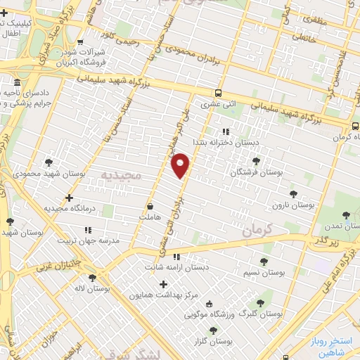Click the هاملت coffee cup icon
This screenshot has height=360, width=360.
pyautogui.click(x=150, y=207)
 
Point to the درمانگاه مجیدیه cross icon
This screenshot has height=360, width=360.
pyautogui.click(x=68, y=198)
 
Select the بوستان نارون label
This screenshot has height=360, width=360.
pyautogui.click(x=295, y=205)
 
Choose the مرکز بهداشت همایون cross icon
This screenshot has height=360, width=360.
pyautogui.click(x=164, y=285)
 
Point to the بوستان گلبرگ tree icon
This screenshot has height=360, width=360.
pyautogui.click(x=260, y=303)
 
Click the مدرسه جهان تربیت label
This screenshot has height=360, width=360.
pyautogui.click(x=73, y=239)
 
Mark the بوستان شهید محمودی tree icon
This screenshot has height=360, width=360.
pyautogui.click(x=48, y=162)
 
